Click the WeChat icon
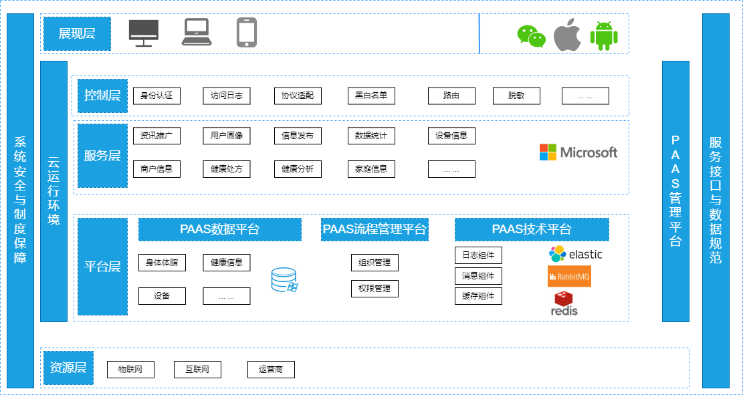pyautogui.click(x=532, y=35)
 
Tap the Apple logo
pyautogui.click(x=567, y=35)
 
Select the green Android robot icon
pyautogui.click(x=603, y=35)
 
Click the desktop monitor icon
pyautogui.click(x=144, y=33)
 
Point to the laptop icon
pyautogui.click(x=197, y=32)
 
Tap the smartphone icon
pyautogui.click(x=247, y=32)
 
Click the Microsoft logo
pyautogui.click(x=578, y=152)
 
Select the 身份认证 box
pyautogui.click(x=156, y=96)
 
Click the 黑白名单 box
pyautogui.click(x=371, y=96)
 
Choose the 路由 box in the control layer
pyautogui.click(x=451, y=96)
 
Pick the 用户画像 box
pyautogui.click(x=227, y=136)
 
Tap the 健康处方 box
pyautogui.click(x=227, y=169)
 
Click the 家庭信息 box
pyautogui.click(x=371, y=169)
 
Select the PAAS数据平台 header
pyautogui.click(x=219, y=229)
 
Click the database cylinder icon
pyautogui.click(x=284, y=279)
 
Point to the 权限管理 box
pyautogui.click(x=375, y=289)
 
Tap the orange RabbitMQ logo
pyautogui.click(x=569, y=276)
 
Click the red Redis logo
pyautogui.click(x=564, y=303)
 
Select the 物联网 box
pyautogui.click(x=130, y=369)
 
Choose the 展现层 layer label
pyautogui.click(x=77, y=33)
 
